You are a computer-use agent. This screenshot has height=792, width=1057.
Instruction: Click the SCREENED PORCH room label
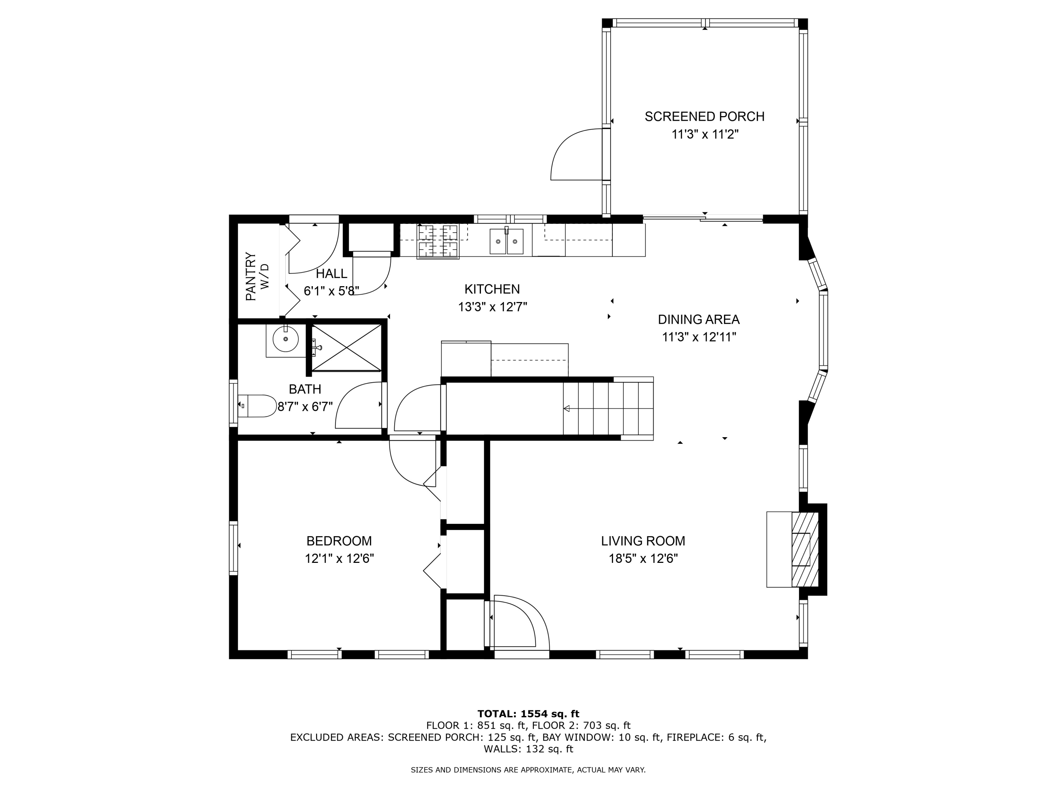pyautogui.click(x=704, y=117)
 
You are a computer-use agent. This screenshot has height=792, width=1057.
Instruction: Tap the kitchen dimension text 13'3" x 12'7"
pyautogui.click(x=492, y=307)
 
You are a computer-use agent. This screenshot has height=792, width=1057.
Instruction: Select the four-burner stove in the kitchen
pyautogui.click(x=438, y=241)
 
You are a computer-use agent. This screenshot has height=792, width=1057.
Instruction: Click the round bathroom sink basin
pyautogui.click(x=285, y=339)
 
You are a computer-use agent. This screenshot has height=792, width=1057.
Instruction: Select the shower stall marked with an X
pyautogui.click(x=346, y=347)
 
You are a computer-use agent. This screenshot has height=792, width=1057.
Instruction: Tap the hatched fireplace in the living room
pyautogui.click(x=805, y=549)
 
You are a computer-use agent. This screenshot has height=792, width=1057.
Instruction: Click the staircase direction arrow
pyautogui.click(x=567, y=408)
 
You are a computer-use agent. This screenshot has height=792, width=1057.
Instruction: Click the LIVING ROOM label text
pyautogui.click(x=643, y=541)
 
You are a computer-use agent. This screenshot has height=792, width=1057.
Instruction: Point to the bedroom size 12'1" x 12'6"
pyautogui.click(x=339, y=559)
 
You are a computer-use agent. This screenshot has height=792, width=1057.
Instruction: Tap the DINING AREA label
pyautogui.click(x=699, y=319)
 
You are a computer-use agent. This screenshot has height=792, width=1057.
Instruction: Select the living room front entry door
pyautogui.click(x=519, y=623)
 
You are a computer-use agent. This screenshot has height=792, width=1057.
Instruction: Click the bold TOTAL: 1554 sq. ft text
pyautogui.click(x=528, y=714)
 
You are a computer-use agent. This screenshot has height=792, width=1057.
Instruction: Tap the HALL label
pyautogui.click(x=331, y=274)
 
